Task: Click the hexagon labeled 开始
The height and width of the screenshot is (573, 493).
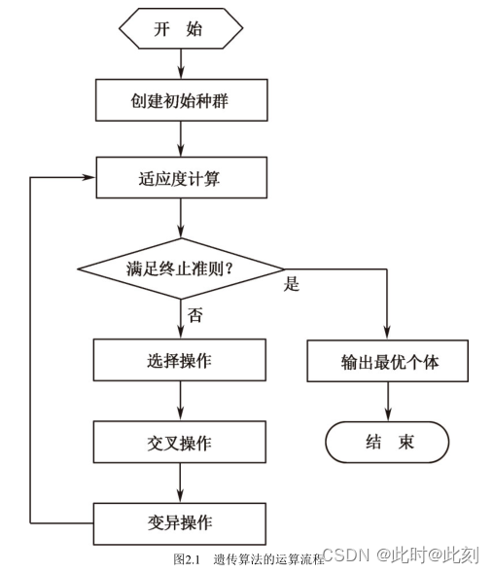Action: pos(180,28)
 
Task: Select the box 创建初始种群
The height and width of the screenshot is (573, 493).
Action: pos(181,100)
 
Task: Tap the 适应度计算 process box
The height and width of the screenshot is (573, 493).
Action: pos(181,179)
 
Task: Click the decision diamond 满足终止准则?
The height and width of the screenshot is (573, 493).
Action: pos(181,268)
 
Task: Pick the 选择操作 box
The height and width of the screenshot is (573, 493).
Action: pos(181,361)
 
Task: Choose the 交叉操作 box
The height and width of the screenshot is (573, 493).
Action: pos(181,443)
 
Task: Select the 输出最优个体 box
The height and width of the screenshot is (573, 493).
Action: pos(389,362)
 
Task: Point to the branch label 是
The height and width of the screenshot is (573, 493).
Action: pos(291,285)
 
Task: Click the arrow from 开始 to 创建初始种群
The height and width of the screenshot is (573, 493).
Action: pos(181,62)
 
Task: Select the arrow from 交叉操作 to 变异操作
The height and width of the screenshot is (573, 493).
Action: pos(181,482)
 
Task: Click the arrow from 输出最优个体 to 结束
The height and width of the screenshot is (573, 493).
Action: pos(389,402)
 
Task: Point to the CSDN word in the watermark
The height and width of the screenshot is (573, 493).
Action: pos(341,555)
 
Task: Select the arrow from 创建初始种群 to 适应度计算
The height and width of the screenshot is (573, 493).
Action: pos(181,140)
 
